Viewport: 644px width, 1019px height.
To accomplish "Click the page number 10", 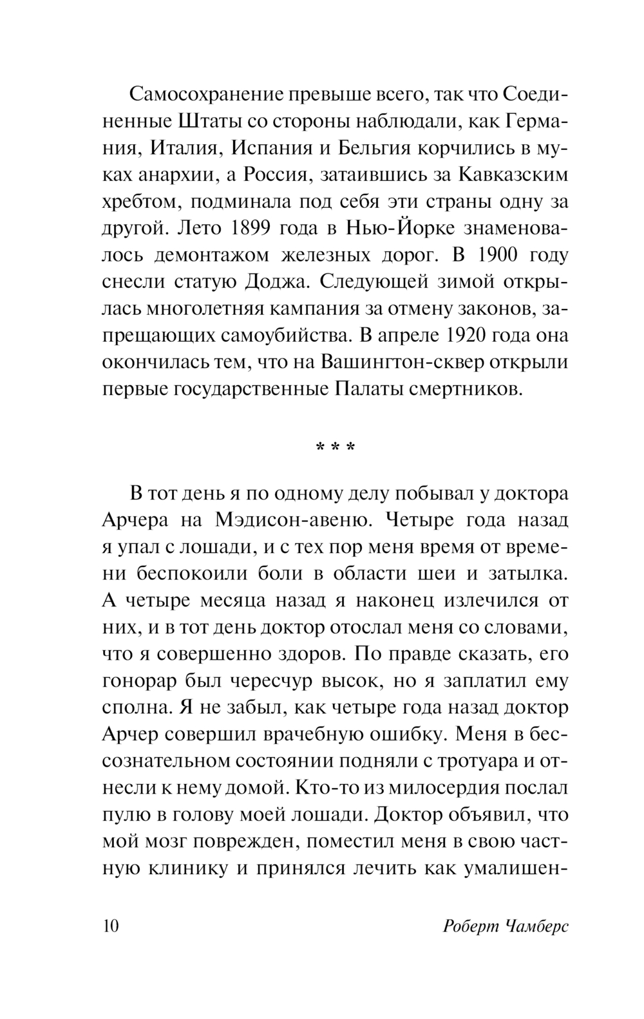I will [x=111, y=926].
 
